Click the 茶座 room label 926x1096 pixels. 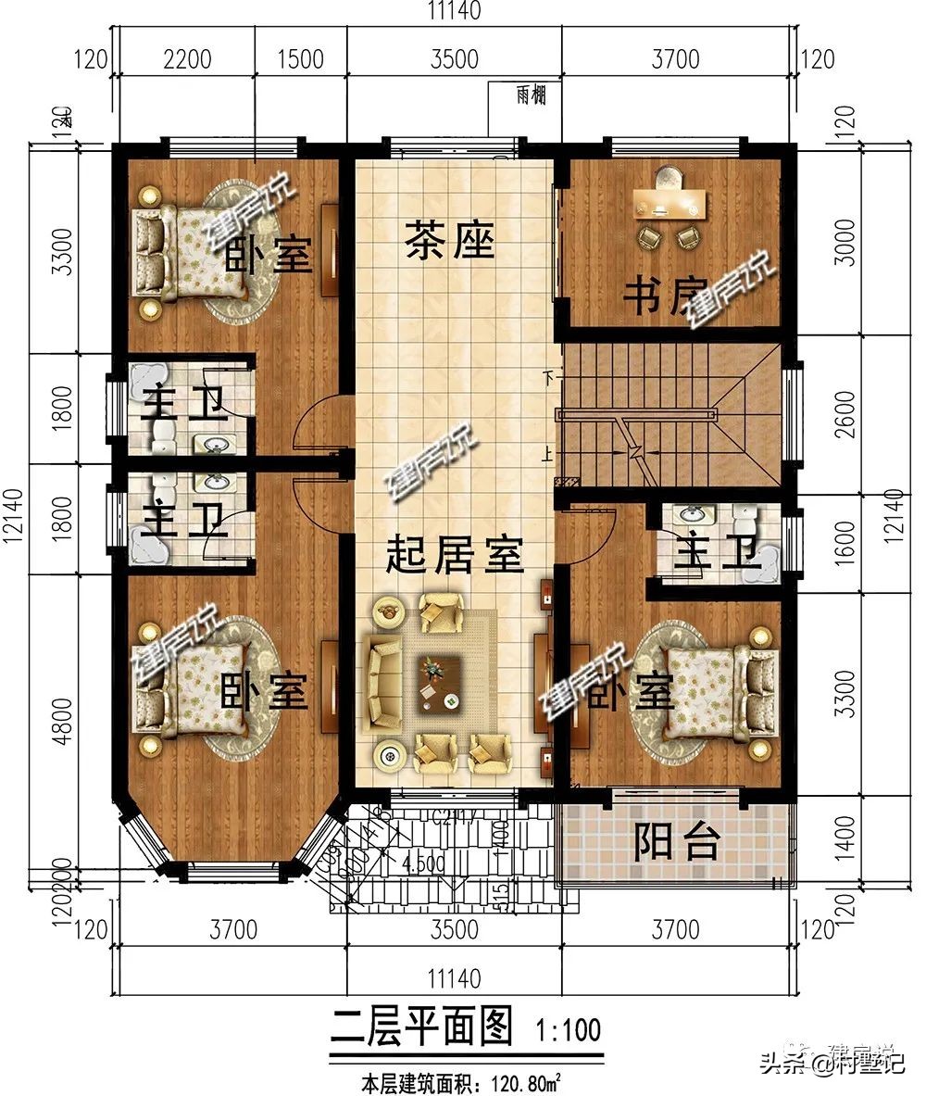point(449,243)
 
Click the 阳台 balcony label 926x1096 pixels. point(677,841)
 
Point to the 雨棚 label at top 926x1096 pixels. point(531,94)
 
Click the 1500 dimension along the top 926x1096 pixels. point(300,59)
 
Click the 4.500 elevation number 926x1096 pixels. point(423,863)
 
